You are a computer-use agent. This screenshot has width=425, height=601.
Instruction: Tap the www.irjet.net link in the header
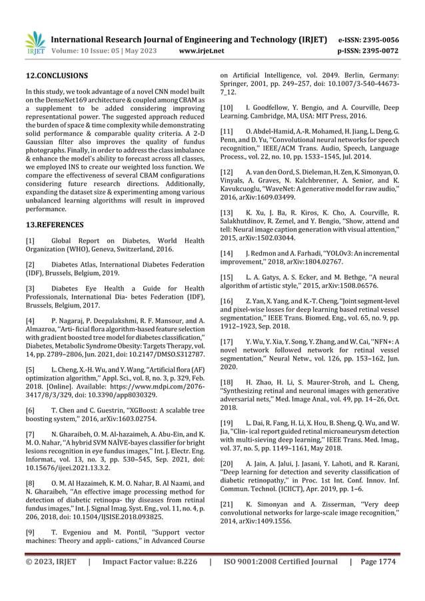[203, 50]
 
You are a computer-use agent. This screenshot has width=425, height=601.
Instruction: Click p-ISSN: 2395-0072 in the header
[379, 50]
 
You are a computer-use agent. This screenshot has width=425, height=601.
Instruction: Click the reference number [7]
[30, 433]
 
